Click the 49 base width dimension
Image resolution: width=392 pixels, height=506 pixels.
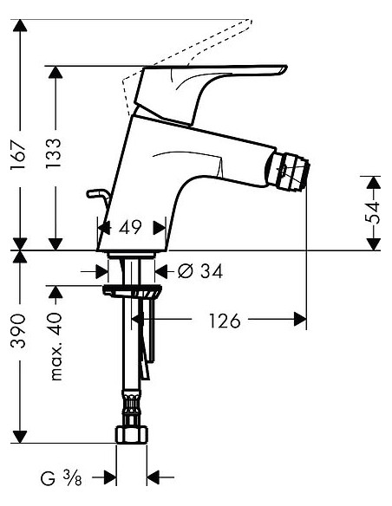click(131, 228)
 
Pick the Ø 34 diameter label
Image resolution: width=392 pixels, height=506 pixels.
click(199, 271)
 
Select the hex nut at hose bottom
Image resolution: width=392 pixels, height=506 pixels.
click(132, 432)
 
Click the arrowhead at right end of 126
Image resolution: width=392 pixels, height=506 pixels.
click(300, 320)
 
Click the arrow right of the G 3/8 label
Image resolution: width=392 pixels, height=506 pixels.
click(156, 477)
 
